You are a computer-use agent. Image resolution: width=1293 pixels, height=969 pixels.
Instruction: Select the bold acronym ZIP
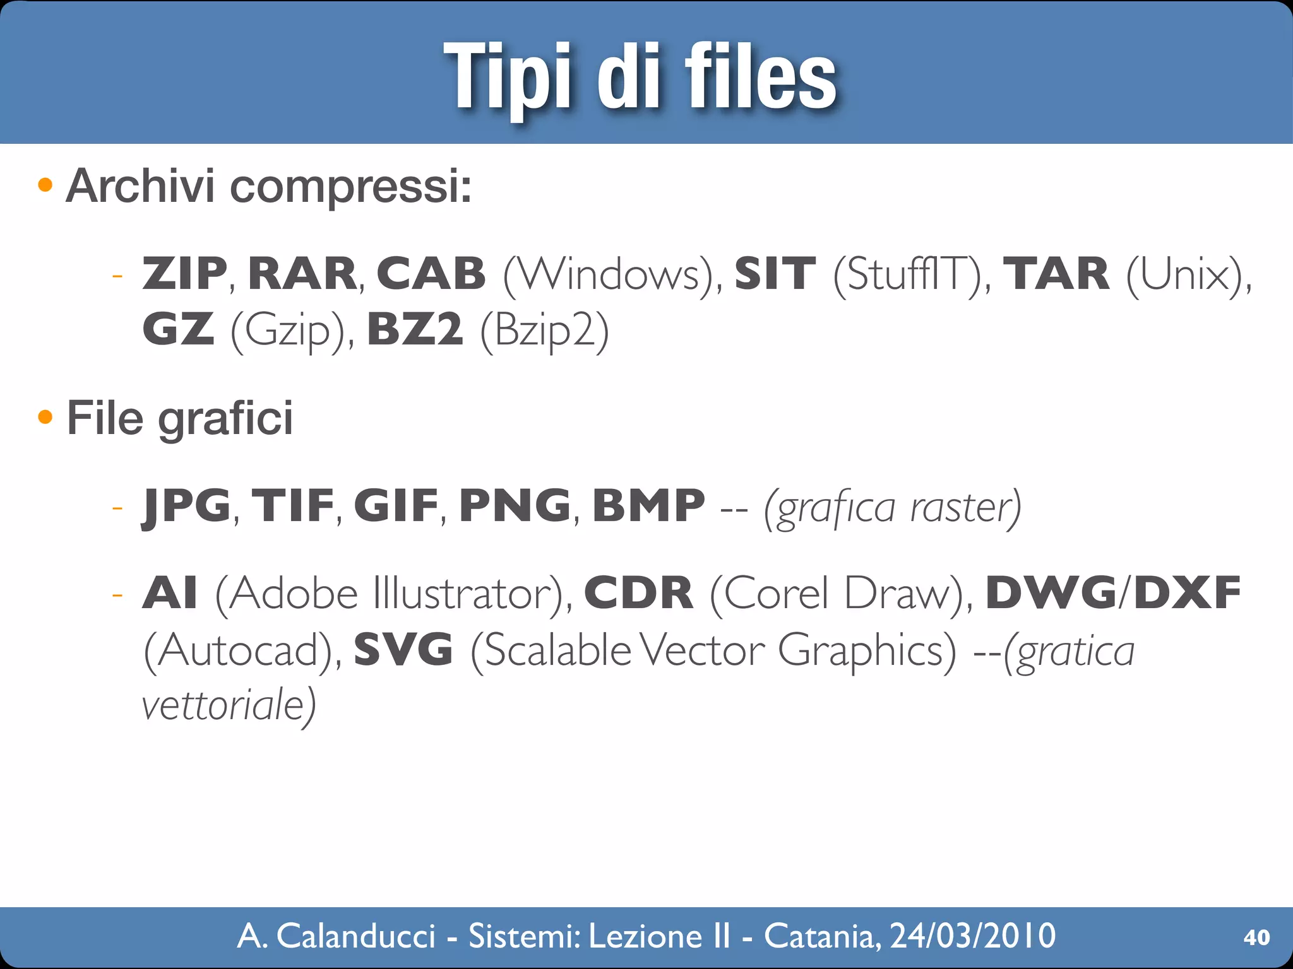(184, 274)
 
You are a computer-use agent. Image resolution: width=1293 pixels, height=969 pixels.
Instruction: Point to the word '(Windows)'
(611, 275)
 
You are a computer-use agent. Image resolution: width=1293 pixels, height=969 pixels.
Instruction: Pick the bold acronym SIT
(775, 274)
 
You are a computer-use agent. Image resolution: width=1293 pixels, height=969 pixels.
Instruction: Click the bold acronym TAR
(1056, 274)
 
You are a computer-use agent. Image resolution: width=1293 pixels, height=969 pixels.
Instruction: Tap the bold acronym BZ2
(415, 329)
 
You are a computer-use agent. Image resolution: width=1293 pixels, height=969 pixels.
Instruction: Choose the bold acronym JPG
(186, 507)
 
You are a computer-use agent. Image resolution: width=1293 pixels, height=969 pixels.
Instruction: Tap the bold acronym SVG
(403, 649)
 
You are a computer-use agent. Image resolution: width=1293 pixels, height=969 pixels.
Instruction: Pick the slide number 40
(1256, 937)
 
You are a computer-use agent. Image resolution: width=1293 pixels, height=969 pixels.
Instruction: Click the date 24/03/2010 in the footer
(972, 936)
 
